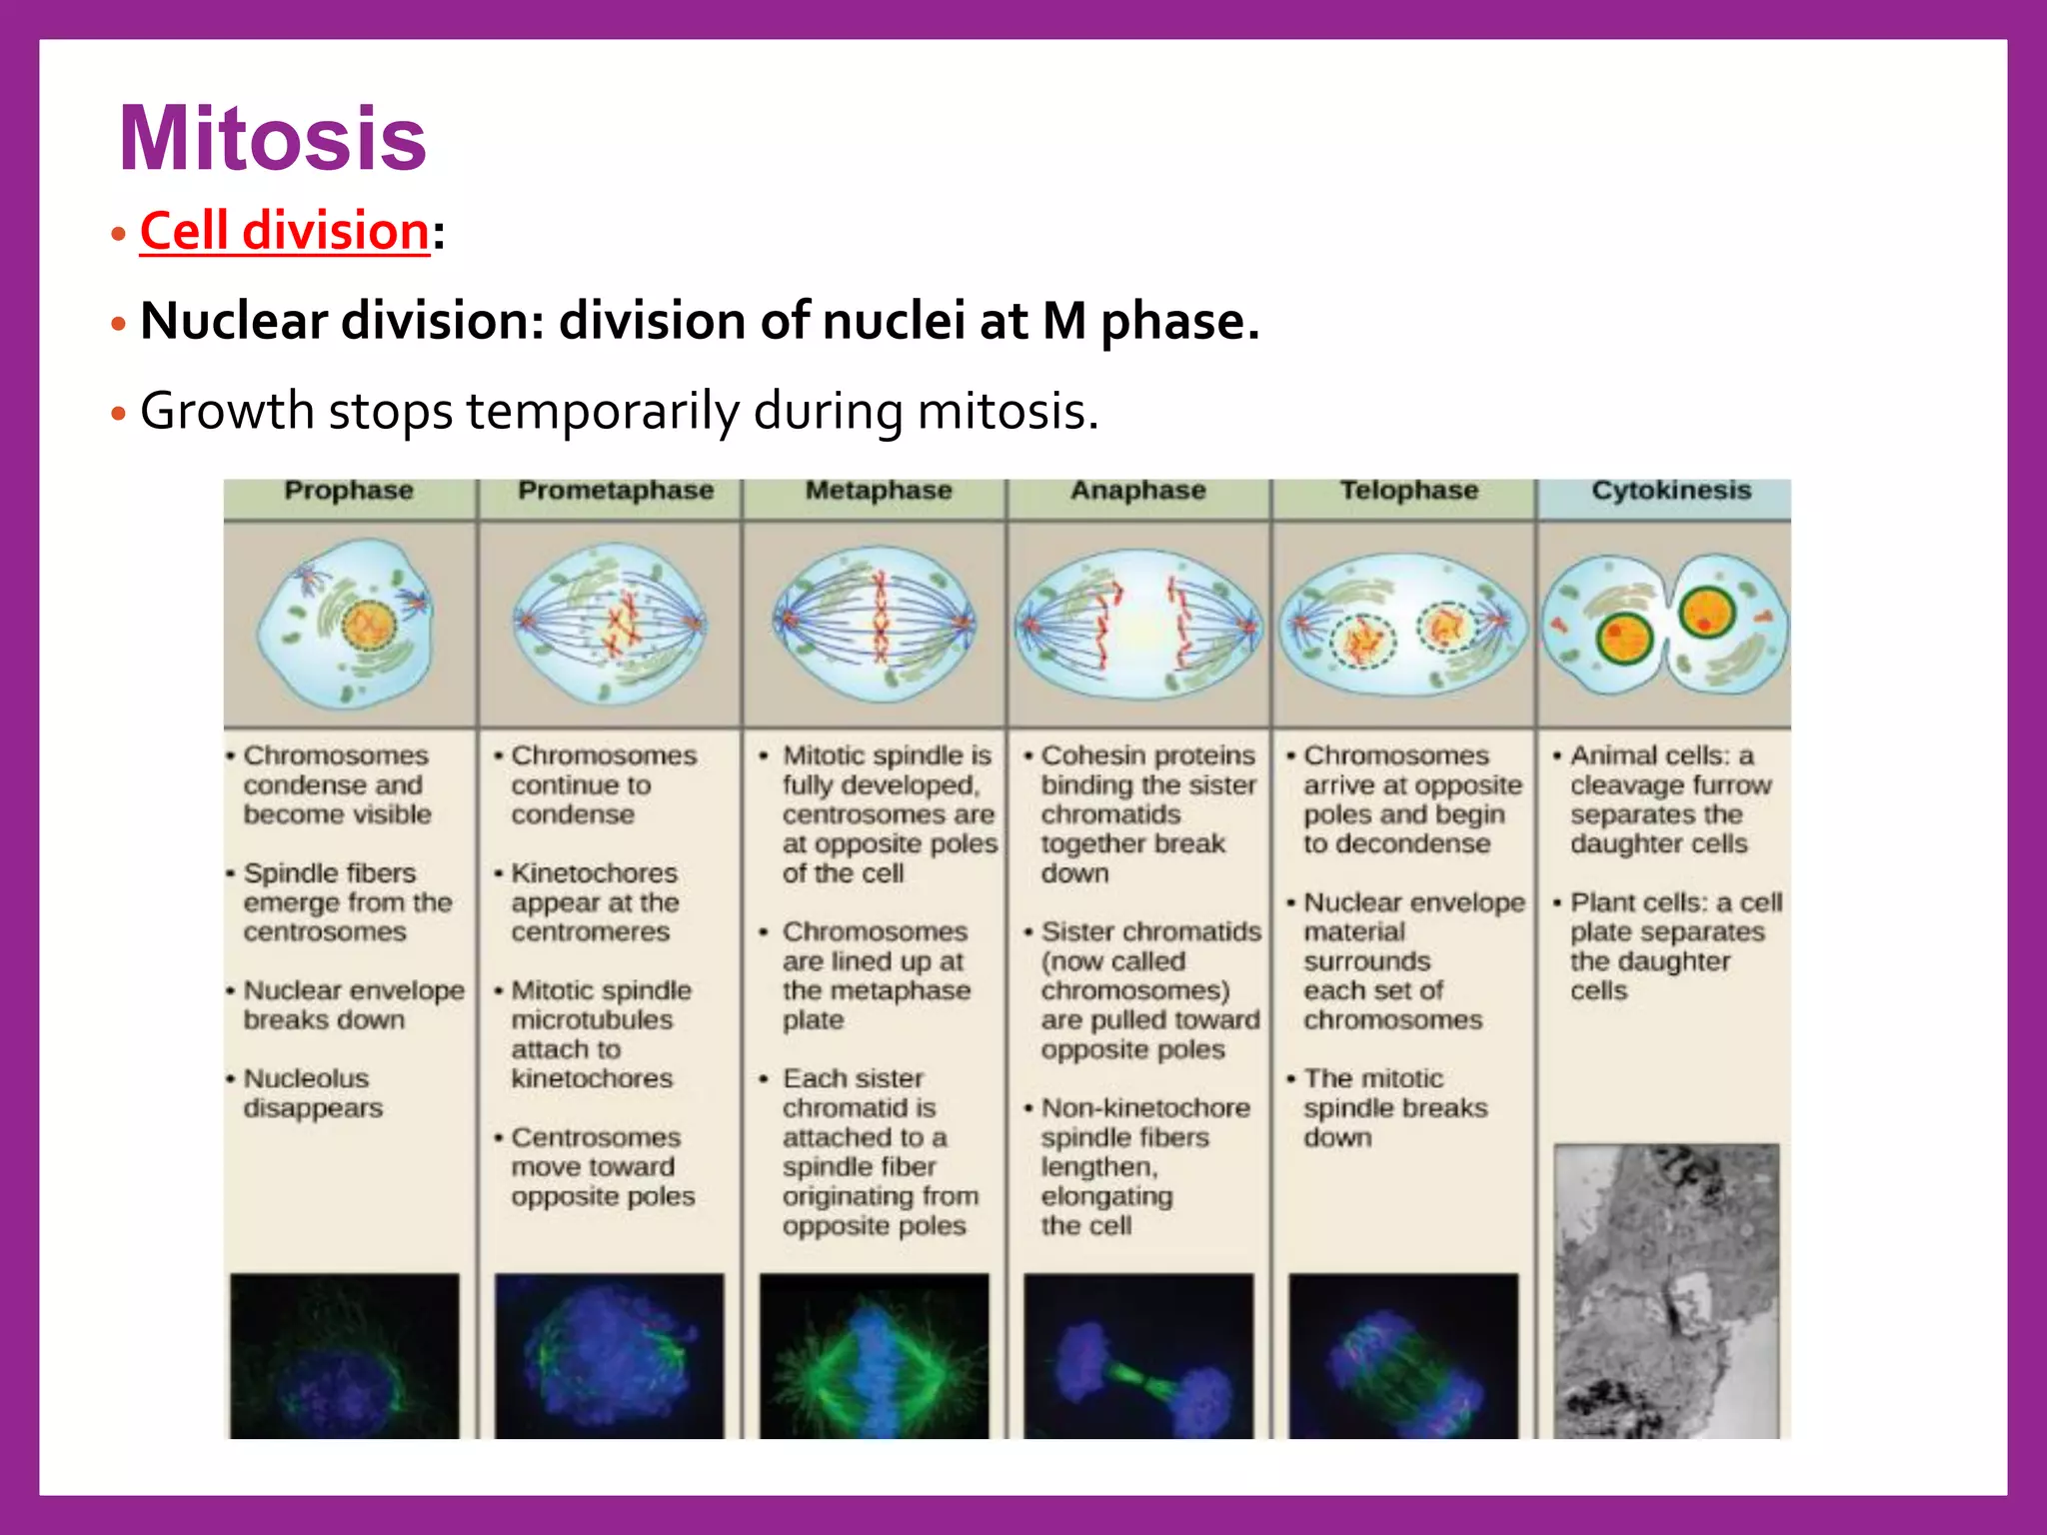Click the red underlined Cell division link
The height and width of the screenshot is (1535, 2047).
[285, 231]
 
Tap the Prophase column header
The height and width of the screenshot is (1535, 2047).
[348, 491]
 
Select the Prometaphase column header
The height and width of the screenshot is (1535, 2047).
[615, 491]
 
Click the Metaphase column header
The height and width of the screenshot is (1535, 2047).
[879, 491]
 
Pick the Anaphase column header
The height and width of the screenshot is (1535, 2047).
[1138, 491]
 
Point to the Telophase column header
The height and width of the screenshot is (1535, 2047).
[1408, 491]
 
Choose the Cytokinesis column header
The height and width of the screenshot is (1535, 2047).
[1671, 491]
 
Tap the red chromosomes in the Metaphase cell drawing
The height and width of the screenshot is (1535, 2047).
[881, 620]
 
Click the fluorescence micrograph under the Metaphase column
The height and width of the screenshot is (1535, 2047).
[875, 1356]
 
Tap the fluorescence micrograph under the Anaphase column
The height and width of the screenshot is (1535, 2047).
[1138, 1356]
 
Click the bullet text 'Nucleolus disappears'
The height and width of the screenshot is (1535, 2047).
[312, 1093]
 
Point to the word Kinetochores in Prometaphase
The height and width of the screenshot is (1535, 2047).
[594, 873]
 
